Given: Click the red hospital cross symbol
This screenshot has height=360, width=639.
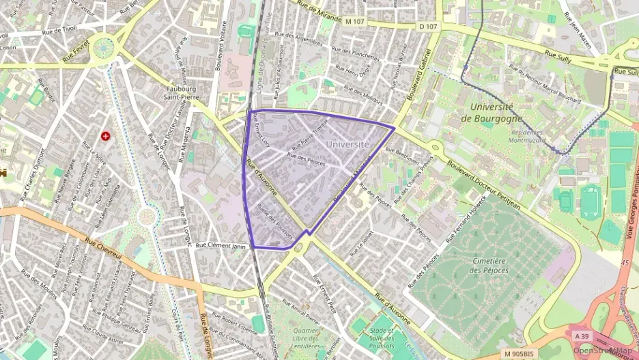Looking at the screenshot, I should click(x=106, y=136).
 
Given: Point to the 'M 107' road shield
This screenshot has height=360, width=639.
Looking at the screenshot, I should click(x=356, y=23).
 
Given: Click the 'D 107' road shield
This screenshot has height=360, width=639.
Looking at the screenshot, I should click(x=428, y=27).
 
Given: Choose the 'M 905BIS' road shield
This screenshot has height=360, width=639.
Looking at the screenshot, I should click(x=518, y=353).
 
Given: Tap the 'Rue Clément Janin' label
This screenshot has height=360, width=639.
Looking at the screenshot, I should click(x=220, y=245).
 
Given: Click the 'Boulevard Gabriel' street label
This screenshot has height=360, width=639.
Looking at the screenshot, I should click(x=418, y=76).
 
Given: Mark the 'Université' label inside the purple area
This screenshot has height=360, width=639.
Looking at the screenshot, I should click(x=347, y=144).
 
